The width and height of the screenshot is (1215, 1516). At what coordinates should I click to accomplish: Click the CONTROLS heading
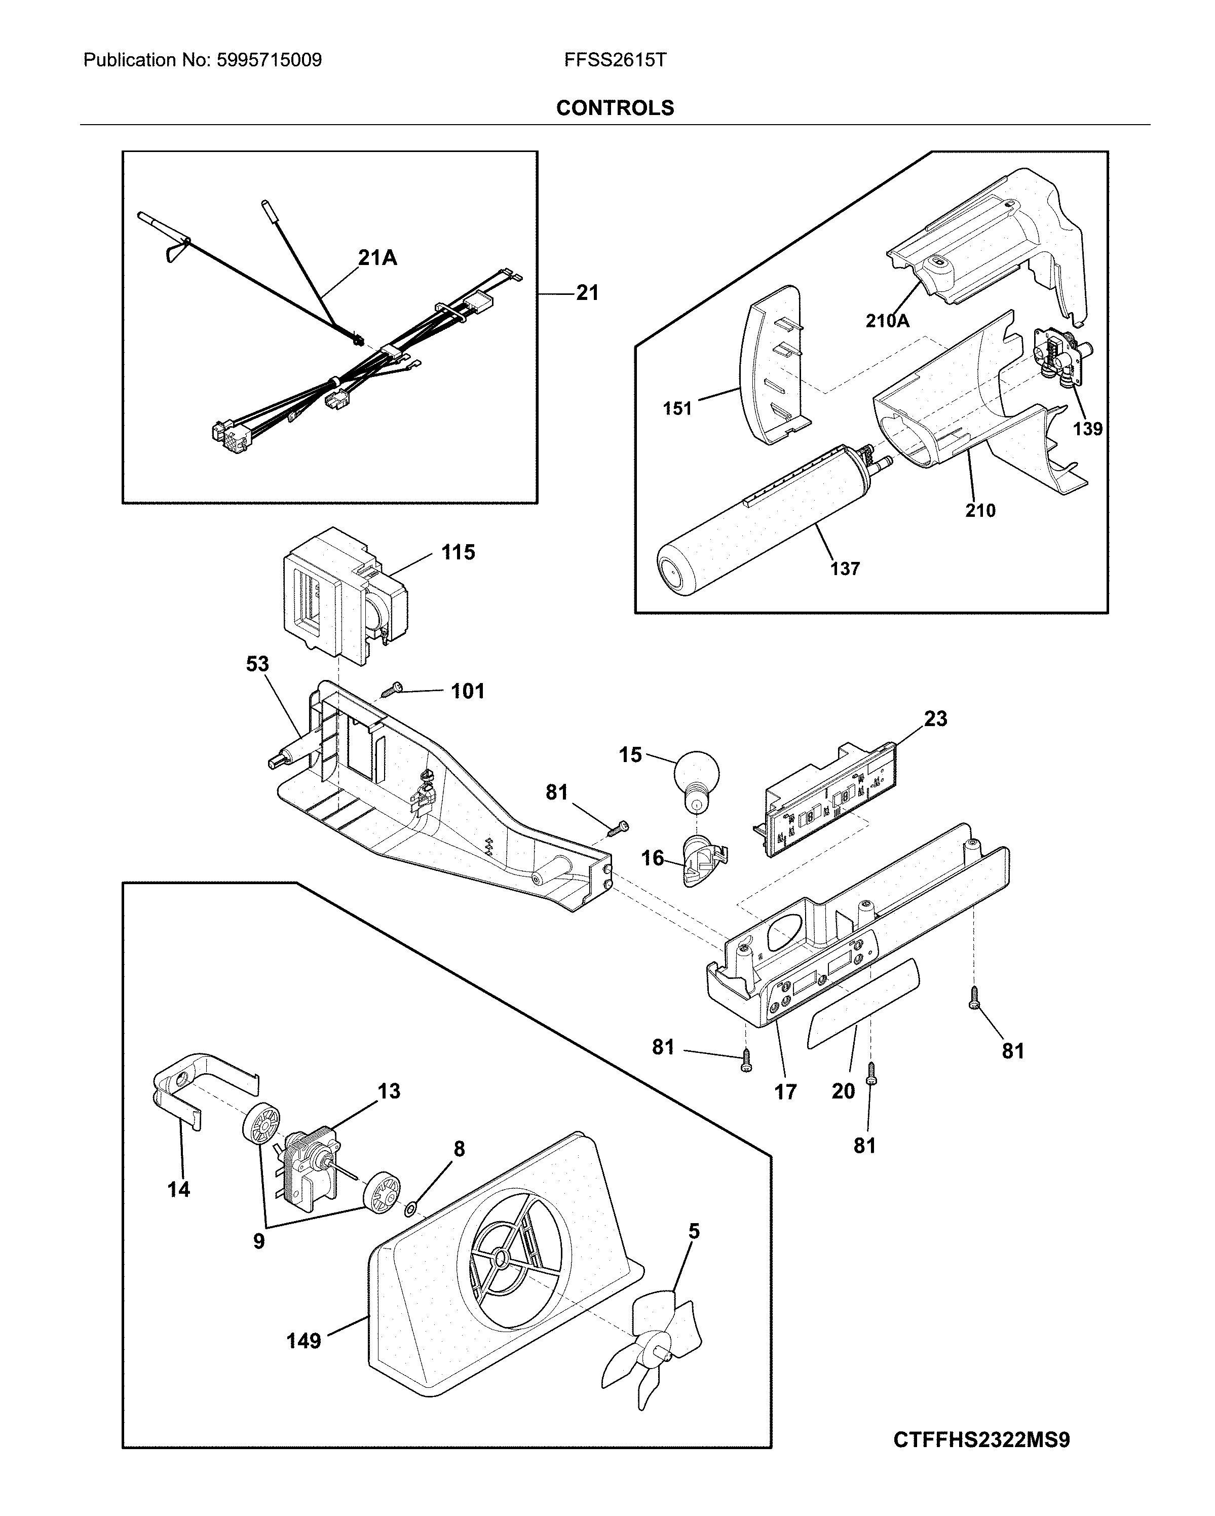point(615,107)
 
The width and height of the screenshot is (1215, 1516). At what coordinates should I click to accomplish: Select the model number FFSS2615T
point(615,60)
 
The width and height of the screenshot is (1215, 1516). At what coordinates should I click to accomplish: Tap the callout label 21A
point(377,258)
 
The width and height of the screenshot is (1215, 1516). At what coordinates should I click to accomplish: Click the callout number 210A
point(887,321)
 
